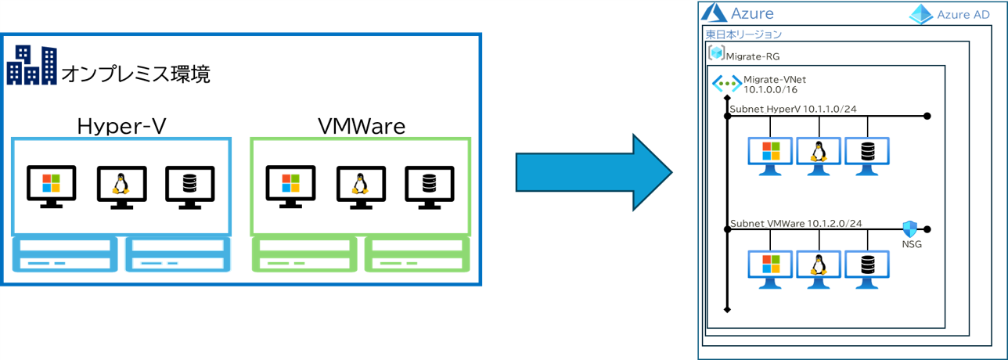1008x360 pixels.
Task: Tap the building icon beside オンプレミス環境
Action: (x=31, y=65)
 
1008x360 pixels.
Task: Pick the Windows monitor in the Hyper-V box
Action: (x=51, y=185)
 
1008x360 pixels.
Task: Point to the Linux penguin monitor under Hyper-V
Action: (x=120, y=185)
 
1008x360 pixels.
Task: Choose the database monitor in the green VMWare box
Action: (x=428, y=185)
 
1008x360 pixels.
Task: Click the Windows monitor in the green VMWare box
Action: (x=290, y=185)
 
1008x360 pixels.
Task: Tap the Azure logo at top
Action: (x=714, y=13)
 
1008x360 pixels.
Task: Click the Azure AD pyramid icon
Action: (x=922, y=14)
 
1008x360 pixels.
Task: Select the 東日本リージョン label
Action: (x=743, y=34)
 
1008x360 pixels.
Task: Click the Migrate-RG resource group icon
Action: (x=716, y=53)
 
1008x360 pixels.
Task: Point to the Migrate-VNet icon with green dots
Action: (x=725, y=85)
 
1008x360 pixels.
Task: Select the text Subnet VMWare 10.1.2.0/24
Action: (x=796, y=223)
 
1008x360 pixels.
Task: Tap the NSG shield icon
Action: (x=909, y=229)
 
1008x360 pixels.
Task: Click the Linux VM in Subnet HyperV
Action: (x=819, y=152)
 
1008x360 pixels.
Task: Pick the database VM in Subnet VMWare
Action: (x=866, y=267)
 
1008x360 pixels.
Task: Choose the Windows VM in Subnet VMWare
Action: (x=770, y=267)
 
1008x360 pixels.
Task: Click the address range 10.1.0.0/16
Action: (x=770, y=90)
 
